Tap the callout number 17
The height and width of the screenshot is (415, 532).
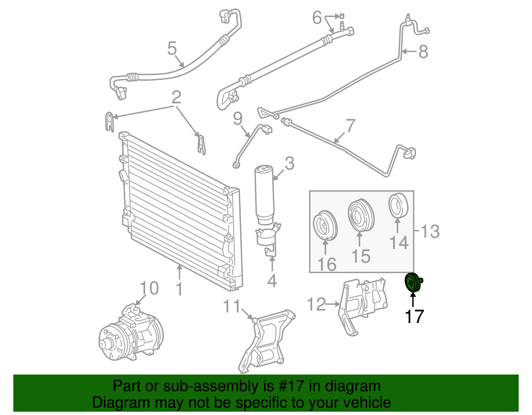point(414,316)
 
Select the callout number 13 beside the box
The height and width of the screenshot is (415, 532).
point(430,231)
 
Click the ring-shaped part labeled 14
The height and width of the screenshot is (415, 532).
point(398,205)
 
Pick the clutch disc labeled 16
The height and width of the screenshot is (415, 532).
point(325,226)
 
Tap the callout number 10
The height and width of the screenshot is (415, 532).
point(149,288)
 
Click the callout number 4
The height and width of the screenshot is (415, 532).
point(272,281)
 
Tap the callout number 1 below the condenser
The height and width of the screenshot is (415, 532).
point(179,289)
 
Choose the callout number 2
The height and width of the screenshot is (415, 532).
point(176,97)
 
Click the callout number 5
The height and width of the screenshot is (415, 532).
point(172,49)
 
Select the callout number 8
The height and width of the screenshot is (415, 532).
point(423,52)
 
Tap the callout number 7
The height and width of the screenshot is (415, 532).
point(350,126)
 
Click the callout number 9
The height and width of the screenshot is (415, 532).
point(237,119)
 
